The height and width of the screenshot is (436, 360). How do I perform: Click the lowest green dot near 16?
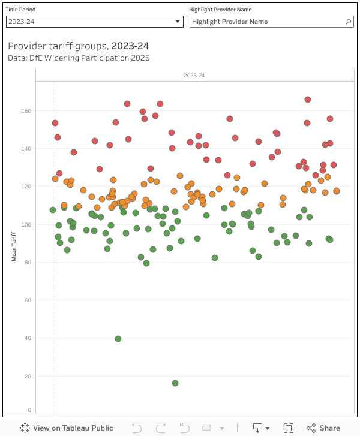pos(175,383)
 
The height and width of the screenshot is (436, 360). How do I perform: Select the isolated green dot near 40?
pos(118,339)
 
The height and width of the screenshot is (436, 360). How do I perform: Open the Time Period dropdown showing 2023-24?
pos(94,22)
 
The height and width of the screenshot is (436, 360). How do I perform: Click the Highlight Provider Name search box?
pos(267,22)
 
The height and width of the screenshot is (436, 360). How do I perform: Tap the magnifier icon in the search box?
pos(349,22)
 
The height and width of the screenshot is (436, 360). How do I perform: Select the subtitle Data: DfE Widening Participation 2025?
pos(79,58)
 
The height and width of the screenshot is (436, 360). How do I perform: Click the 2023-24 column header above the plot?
pos(194,76)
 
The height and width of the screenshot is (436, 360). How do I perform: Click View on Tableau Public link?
pos(67,428)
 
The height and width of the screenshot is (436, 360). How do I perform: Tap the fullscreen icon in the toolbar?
pos(289,428)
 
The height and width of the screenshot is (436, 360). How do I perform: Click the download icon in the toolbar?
pos(258,428)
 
